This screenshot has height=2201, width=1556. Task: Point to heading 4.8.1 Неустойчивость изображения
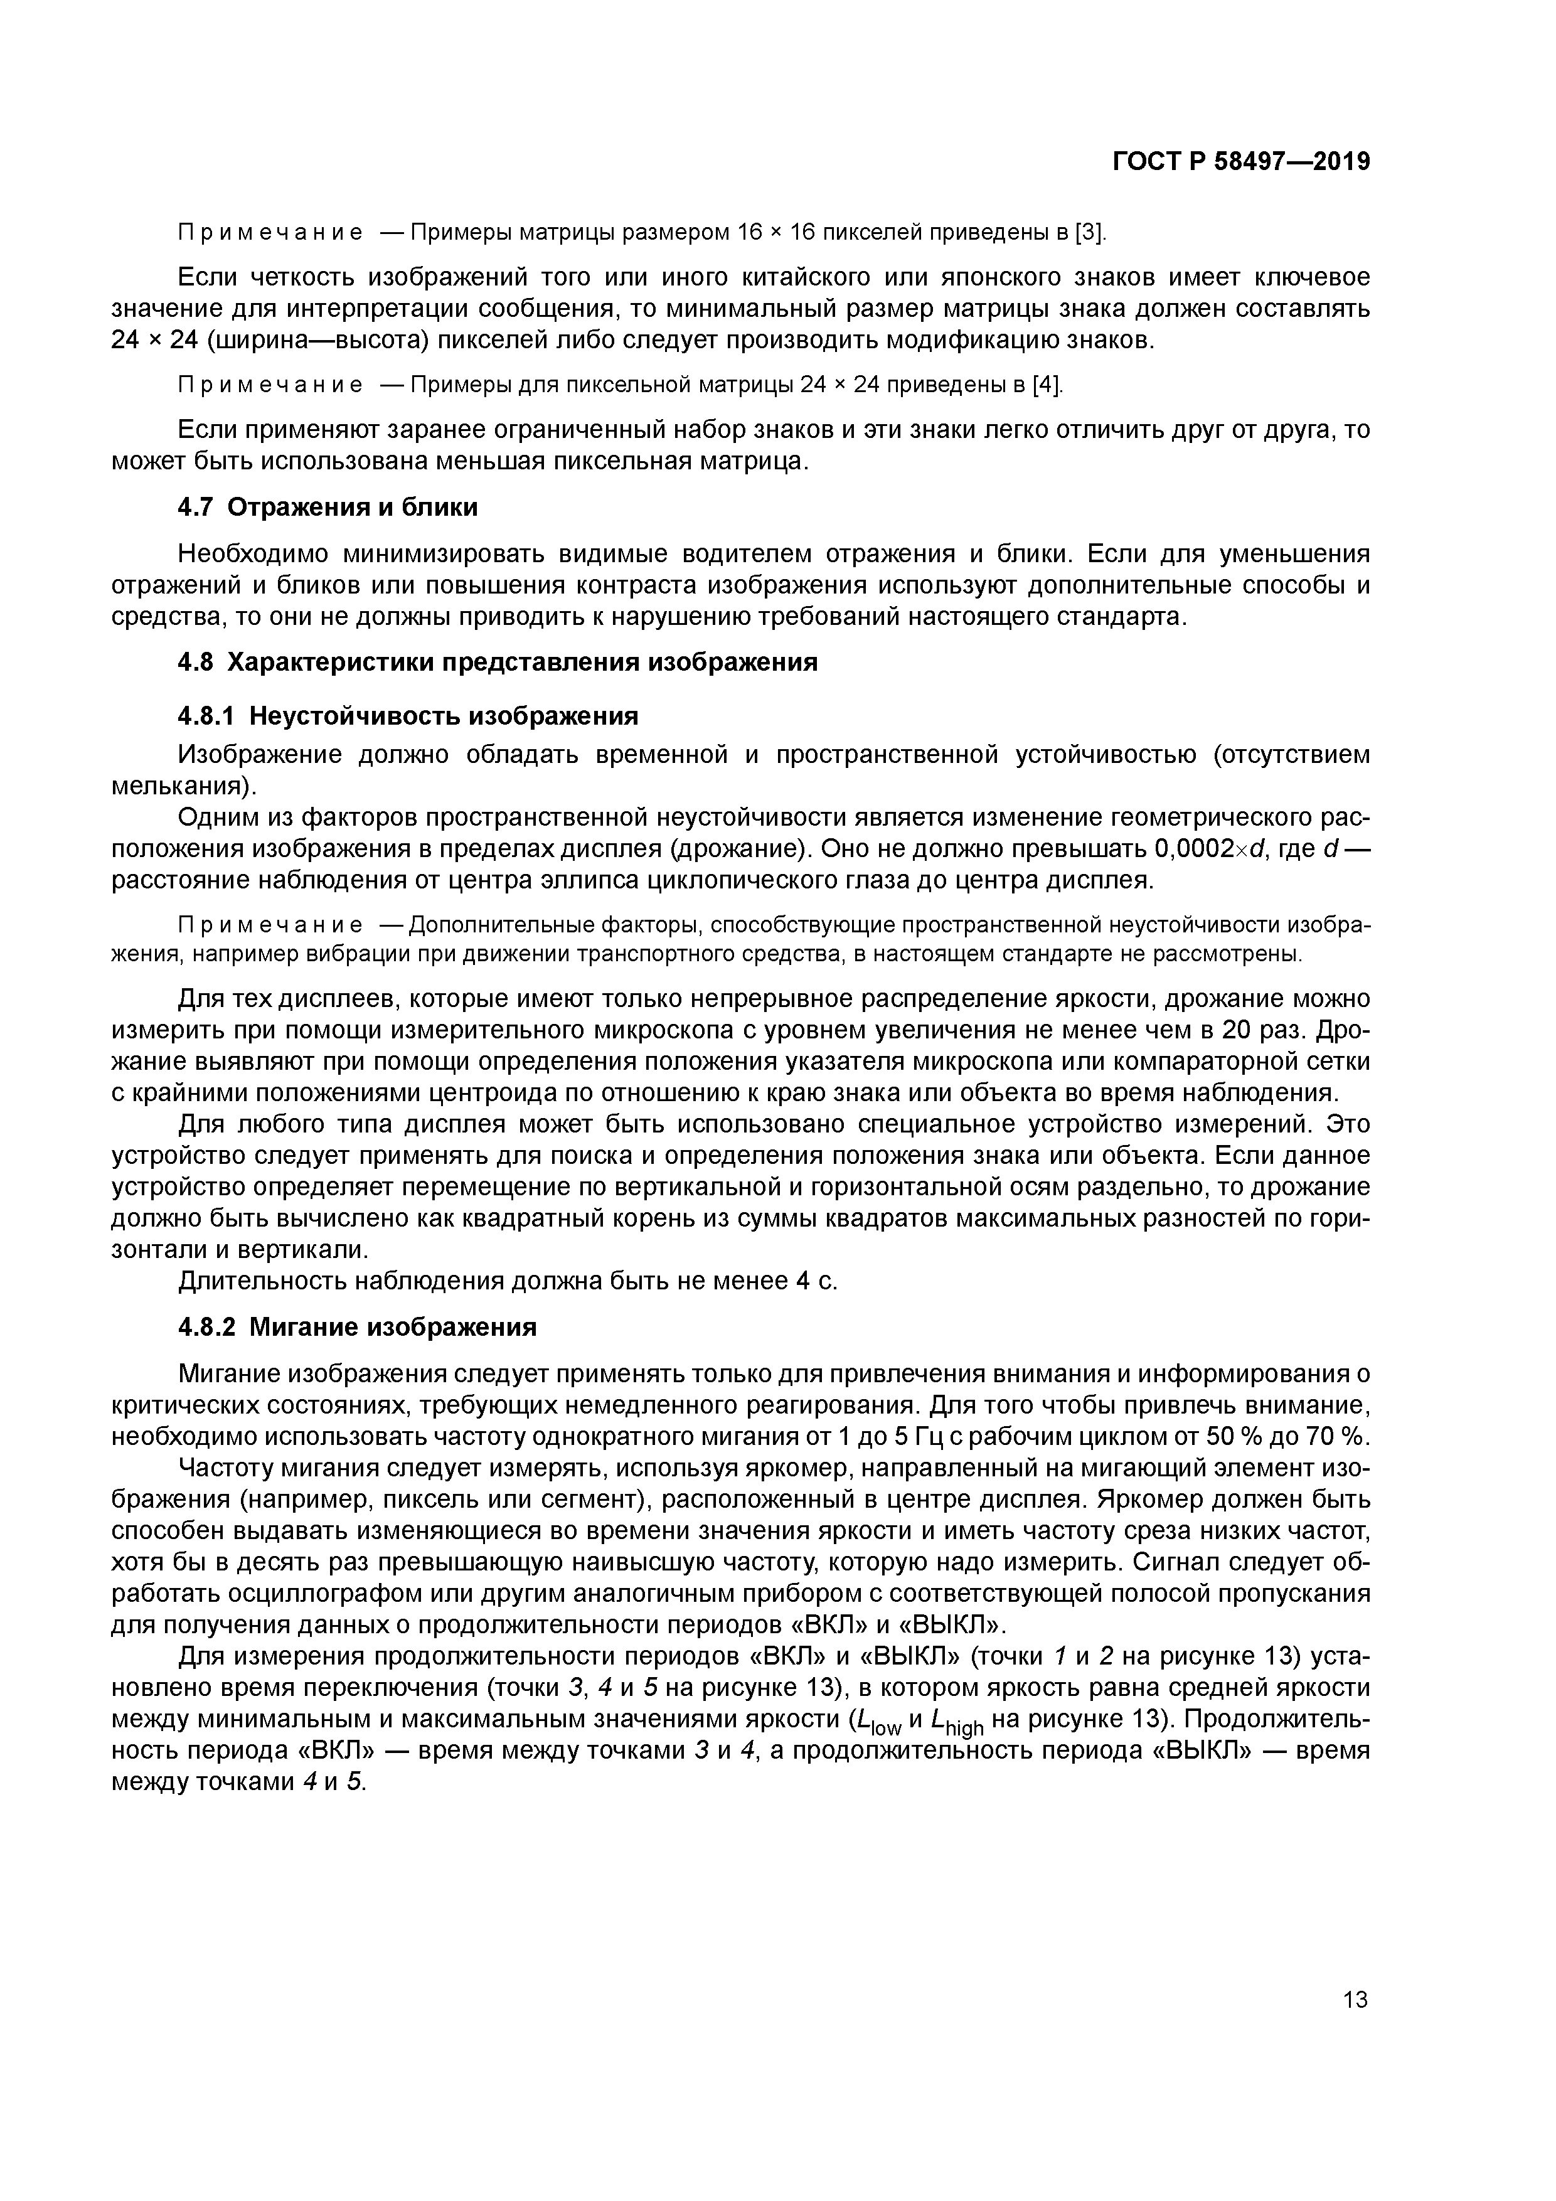[x=407, y=716]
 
